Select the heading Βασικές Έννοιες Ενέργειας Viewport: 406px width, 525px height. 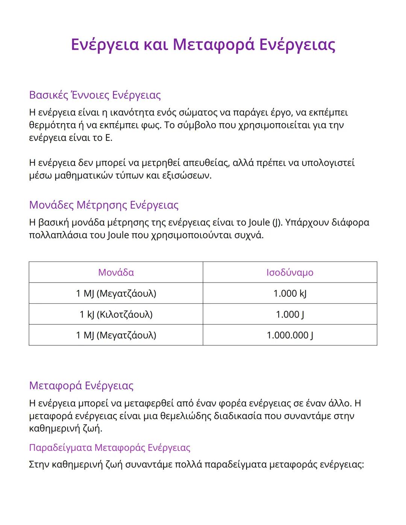tap(95, 95)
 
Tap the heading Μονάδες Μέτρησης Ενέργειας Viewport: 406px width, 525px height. tap(104, 205)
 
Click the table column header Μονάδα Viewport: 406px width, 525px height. tap(116, 272)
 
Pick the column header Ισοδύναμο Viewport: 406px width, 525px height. tap(290, 272)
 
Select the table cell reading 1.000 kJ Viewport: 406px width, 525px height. tap(290, 294)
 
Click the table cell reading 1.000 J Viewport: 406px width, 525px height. tap(290, 314)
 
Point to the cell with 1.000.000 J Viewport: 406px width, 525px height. tap(290, 335)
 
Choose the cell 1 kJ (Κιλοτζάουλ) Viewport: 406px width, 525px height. tap(116, 314)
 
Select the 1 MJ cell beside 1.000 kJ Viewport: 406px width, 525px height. tap(116, 294)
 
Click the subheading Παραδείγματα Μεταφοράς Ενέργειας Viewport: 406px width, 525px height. tap(109, 448)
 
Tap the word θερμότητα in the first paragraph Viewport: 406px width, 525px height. tap(52, 125)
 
